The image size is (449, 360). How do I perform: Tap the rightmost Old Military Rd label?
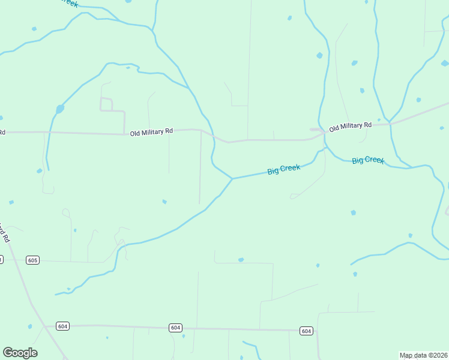click(351, 126)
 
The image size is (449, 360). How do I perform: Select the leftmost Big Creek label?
click(283, 170)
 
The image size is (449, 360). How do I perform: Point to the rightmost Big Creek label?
click(367, 160)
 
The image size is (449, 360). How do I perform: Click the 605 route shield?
click(32, 260)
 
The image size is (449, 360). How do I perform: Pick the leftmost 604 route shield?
click(63, 326)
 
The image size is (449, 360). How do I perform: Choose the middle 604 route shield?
click(175, 328)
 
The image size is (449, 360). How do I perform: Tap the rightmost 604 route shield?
click(306, 331)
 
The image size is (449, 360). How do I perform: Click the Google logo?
click(20, 353)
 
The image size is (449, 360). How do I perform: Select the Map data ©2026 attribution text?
click(423, 355)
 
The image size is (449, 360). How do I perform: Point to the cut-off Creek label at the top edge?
click(70, 3)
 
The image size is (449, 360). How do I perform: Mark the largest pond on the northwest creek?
click(59, 109)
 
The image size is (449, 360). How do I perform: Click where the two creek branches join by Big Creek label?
click(232, 178)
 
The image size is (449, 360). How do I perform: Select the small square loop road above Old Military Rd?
click(106, 104)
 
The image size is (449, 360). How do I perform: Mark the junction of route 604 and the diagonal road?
click(46, 326)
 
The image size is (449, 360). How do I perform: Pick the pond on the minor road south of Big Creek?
click(241, 260)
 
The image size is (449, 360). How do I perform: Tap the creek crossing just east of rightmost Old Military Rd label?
click(389, 123)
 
